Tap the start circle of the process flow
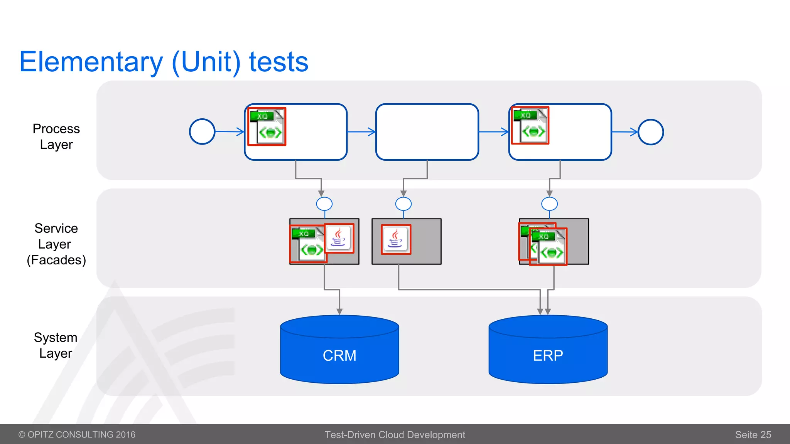point(202,131)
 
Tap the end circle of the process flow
point(651,132)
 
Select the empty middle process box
point(427,131)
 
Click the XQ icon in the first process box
point(267,126)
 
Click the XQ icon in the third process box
point(530,126)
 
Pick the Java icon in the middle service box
point(396,239)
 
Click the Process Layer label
point(56,136)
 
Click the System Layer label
point(56,345)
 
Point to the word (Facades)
point(56,260)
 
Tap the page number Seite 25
point(753,435)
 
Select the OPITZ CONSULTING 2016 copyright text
point(77,435)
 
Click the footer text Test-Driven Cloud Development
point(395,435)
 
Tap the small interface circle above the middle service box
point(403,204)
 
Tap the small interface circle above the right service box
point(549,204)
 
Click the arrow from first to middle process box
point(361,132)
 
